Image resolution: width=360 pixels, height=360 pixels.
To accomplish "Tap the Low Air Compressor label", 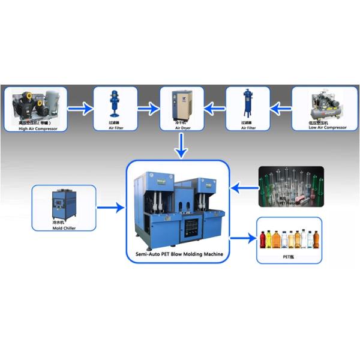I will [x=327, y=127].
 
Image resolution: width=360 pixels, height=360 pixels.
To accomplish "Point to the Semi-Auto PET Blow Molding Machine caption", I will [x=178, y=254].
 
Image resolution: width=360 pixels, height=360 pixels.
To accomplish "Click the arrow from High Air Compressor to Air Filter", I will [x=79, y=109].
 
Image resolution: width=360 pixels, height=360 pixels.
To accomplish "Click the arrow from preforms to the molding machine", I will [x=243, y=188].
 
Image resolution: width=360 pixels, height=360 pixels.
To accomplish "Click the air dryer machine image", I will [x=182, y=104].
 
